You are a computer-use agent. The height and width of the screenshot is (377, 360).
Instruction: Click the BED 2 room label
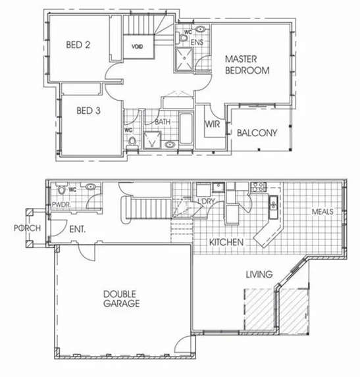(x=78, y=45)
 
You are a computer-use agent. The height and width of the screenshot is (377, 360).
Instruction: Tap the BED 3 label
(x=88, y=111)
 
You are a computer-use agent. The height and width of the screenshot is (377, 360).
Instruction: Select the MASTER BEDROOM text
(x=247, y=64)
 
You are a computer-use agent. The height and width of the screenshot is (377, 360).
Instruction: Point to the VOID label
(x=138, y=47)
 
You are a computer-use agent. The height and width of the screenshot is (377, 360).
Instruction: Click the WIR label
(x=212, y=123)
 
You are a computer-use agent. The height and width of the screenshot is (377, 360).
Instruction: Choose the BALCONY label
(x=257, y=132)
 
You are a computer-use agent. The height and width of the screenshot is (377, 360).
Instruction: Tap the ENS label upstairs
(x=197, y=41)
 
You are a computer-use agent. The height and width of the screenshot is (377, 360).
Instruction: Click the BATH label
(x=163, y=122)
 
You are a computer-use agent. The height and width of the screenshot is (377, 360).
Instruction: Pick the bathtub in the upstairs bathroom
(x=186, y=132)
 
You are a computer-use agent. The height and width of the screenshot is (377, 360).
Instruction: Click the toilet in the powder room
(x=63, y=190)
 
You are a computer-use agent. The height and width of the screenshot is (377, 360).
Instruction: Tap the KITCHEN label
(x=227, y=243)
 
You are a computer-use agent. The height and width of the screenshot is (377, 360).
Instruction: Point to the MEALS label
(x=323, y=212)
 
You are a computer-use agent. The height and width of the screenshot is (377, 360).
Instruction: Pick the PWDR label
(x=61, y=205)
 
